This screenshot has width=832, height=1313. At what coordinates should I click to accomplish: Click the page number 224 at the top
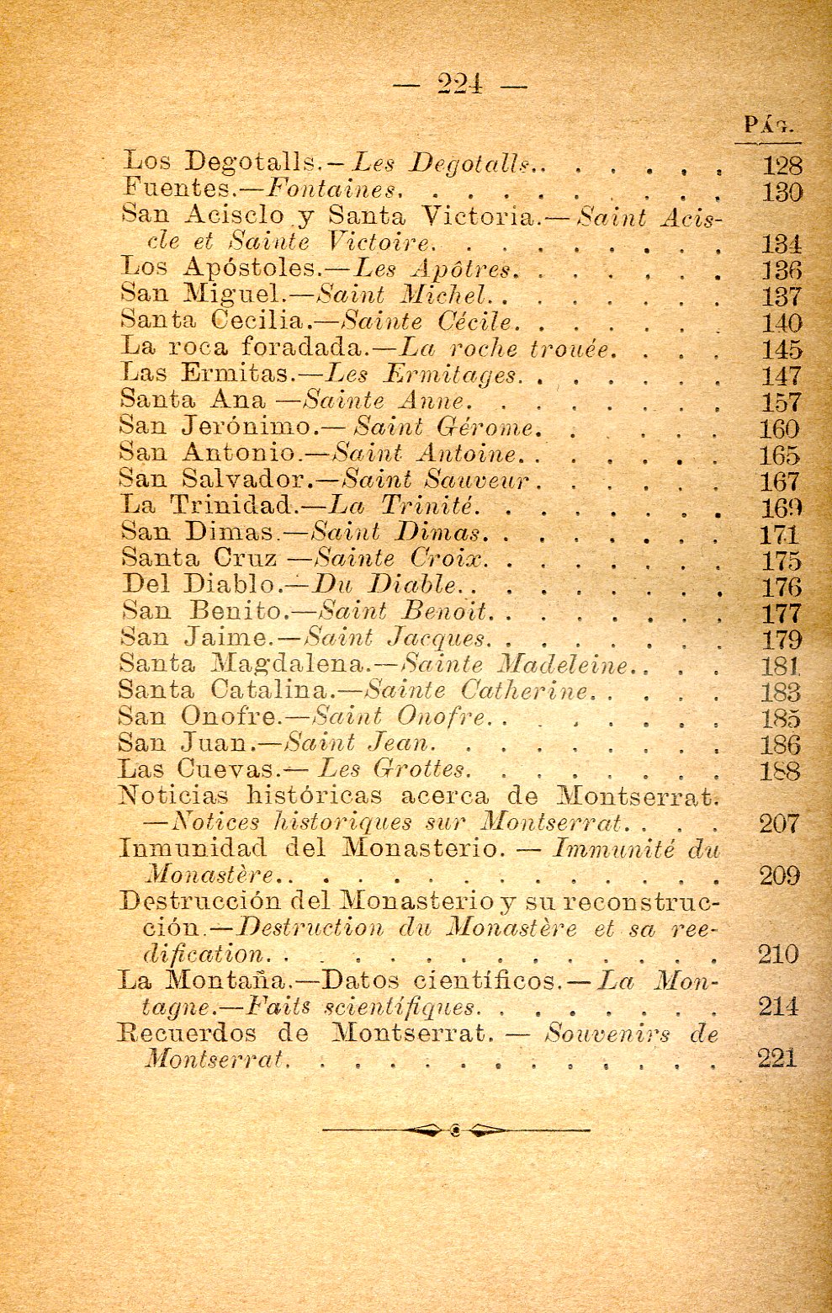pyautogui.click(x=459, y=84)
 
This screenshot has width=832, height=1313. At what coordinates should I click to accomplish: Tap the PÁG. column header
pyautogui.click(x=770, y=125)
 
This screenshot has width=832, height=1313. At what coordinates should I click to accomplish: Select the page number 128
pyautogui.click(x=782, y=165)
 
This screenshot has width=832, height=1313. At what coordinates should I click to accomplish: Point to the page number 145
pyautogui.click(x=782, y=349)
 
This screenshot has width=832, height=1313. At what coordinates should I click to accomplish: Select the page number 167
pyautogui.click(x=780, y=481)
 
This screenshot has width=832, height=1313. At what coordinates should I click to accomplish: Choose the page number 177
pyautogui.click(x=782, y=613)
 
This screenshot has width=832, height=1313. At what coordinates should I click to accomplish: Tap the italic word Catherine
pyautogui.click(x=524, y=691)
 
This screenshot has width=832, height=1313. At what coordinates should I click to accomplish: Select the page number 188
pyautogui.click(x=780, y=770)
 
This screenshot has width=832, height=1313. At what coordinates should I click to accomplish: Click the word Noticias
pyautogui.click(x=173, y=795)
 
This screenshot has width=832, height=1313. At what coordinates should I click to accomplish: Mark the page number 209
pyautogui.click(x=779, y=875)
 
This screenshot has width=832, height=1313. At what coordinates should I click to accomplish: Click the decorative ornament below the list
pyautogui.click(x=455, y=1130)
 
